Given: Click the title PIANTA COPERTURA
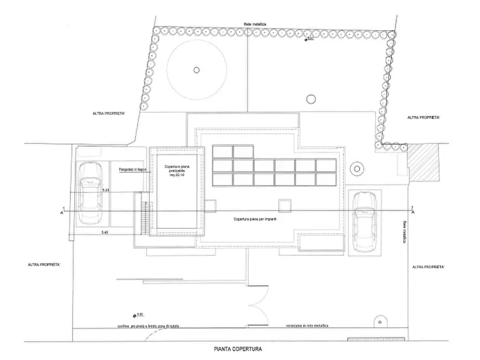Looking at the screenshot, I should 240,349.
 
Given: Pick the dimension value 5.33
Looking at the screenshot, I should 106,191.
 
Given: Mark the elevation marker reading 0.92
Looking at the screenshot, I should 309,39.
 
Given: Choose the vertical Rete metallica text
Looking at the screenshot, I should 402,232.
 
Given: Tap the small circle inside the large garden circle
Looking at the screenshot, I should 196,69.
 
